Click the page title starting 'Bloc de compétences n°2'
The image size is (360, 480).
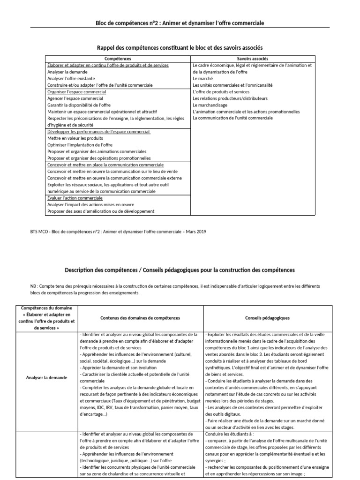pos(180,23)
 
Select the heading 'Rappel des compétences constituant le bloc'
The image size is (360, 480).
pos(180,48)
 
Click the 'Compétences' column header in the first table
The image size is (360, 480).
pos(118,59)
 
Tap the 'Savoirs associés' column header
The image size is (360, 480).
pos(253,59)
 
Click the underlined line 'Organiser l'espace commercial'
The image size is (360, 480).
pos(77,92)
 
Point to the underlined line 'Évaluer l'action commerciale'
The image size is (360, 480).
pos(75,198)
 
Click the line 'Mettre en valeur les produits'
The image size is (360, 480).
pos(75,139)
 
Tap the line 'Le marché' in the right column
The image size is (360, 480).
pos(202,79)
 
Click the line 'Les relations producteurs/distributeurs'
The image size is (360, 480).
pos(230,99)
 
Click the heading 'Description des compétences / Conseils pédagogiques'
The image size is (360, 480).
pos(180,270)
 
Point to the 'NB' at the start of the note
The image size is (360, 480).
pos(33,286)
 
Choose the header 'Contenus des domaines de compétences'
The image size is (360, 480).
pos(140,318)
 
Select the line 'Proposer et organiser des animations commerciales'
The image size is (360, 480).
pos(97,152)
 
